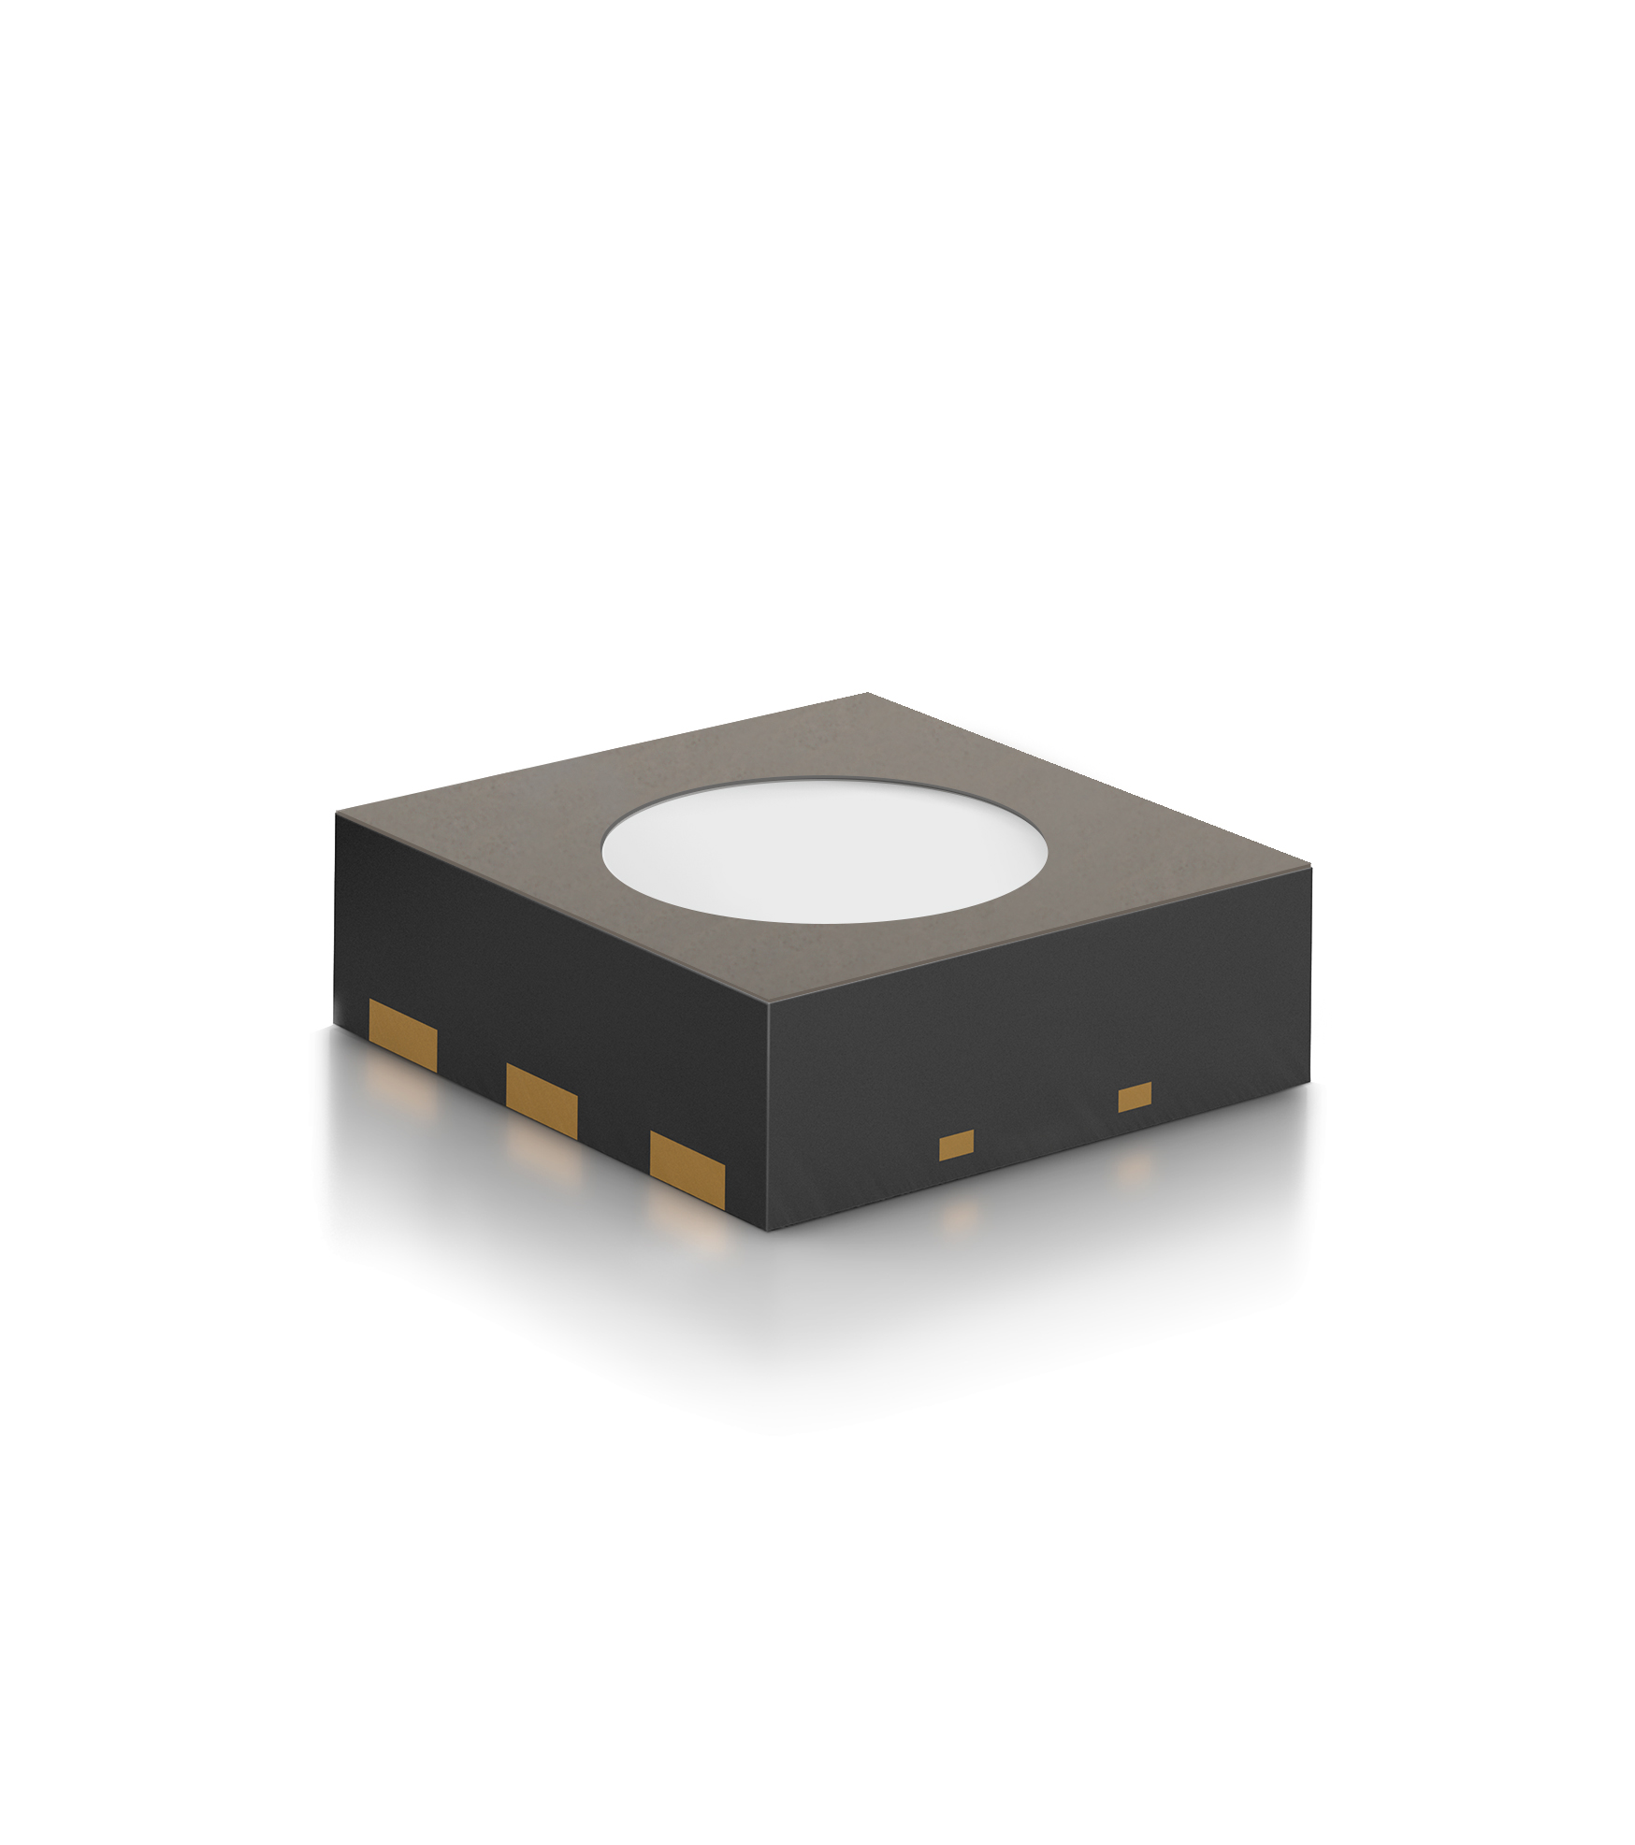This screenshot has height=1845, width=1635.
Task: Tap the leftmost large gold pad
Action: click(403, 1034)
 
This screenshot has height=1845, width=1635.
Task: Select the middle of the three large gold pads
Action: click(541, 1100)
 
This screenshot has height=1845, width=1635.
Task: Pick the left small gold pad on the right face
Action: click(956, 1145)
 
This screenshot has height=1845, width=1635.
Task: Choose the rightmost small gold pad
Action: click(1135, 1097)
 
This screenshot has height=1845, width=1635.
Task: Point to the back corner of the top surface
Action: click(867, 694)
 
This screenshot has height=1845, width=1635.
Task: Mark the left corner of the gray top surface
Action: click(337, 814)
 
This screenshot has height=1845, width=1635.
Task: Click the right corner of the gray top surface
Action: click(1310, 868)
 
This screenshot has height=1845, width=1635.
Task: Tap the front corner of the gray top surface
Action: click(768, 1006)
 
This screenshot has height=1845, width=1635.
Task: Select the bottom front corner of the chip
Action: click(768, 1231)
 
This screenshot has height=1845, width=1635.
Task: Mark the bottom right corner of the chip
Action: click(1309, 1081)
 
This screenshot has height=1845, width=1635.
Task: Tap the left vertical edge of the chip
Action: click(336, 921)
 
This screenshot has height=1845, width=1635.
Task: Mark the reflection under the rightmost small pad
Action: click(1135, 1165)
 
